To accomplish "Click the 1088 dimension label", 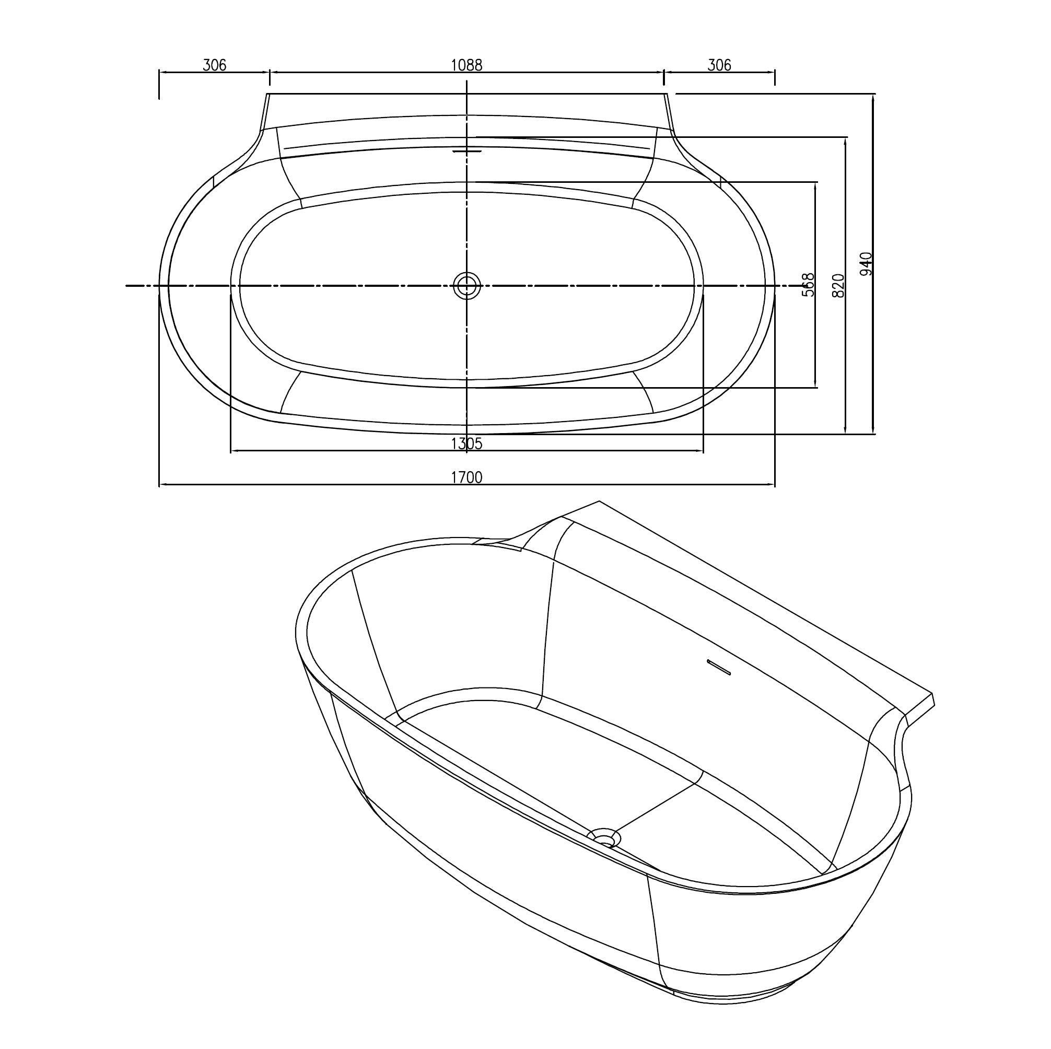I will click(467, 65).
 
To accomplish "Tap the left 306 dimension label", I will click(214, 65).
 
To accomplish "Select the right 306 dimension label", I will click(719, 65).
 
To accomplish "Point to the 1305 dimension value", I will click(467, 444).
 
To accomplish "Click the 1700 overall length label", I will click(467, 477).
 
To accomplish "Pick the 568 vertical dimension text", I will click(809, 285).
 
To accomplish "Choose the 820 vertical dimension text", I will click(838, 285).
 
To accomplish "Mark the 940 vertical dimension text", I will click(867, 264).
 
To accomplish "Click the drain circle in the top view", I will click(467, 285).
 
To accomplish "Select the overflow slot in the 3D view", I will click(718, 668).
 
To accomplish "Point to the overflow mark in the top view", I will click(467, 150).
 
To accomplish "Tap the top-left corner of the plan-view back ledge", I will click(267, 94).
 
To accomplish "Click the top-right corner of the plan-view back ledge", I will click(667, 94).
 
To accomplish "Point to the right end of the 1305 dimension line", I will click(703, 450).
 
